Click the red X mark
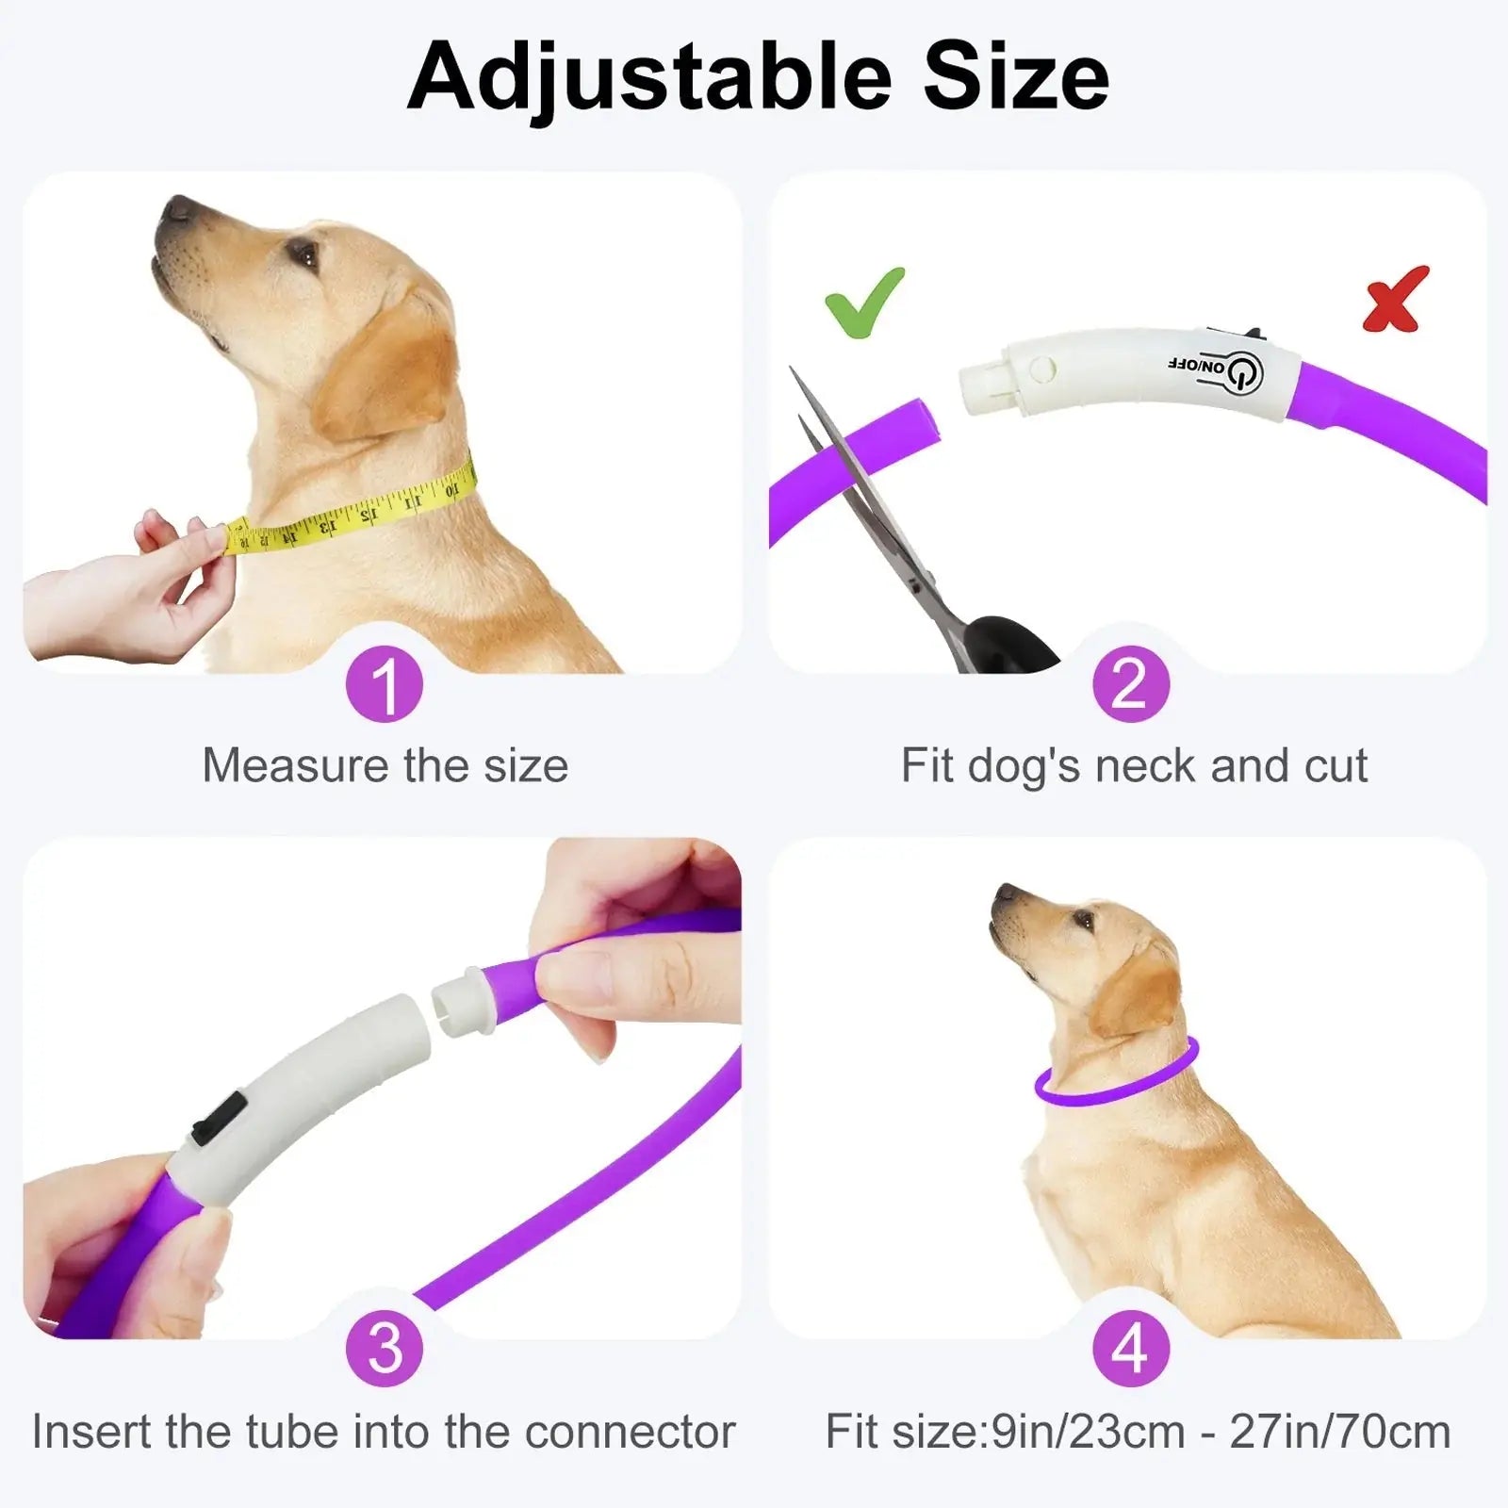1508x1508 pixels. (1396, 300)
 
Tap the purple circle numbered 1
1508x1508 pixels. (385, 684)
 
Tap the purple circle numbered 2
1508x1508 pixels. (1130, 684)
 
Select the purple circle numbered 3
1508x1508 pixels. (385, 1349)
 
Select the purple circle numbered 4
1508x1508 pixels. (1130, 1349)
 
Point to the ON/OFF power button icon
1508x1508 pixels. (1242, 373)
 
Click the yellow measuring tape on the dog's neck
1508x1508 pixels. (349, 510)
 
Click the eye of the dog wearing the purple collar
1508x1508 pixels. (1083, 919)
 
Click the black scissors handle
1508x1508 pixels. (1008, 640)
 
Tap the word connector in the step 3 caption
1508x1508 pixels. (631, 1432)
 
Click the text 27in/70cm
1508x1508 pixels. (1340, 1432)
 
